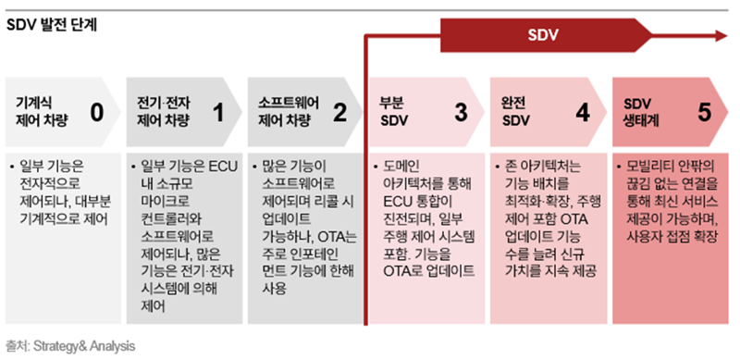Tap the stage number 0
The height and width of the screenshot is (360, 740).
point(97,113)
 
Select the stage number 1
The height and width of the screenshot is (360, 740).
point(218,113)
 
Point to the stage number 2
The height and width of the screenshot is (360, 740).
point(339,113)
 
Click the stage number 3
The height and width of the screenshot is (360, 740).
point(461,113)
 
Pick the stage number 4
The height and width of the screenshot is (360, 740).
point(582,113)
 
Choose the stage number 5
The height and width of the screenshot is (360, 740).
point(705,113)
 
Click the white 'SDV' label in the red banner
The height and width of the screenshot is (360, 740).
point(543,36)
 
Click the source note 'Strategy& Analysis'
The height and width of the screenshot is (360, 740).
point(84,346)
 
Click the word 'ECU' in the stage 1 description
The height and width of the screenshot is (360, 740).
point(220,168)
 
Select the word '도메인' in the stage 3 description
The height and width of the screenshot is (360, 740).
point(402,168)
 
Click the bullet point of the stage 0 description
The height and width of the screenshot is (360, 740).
point(11,168)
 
